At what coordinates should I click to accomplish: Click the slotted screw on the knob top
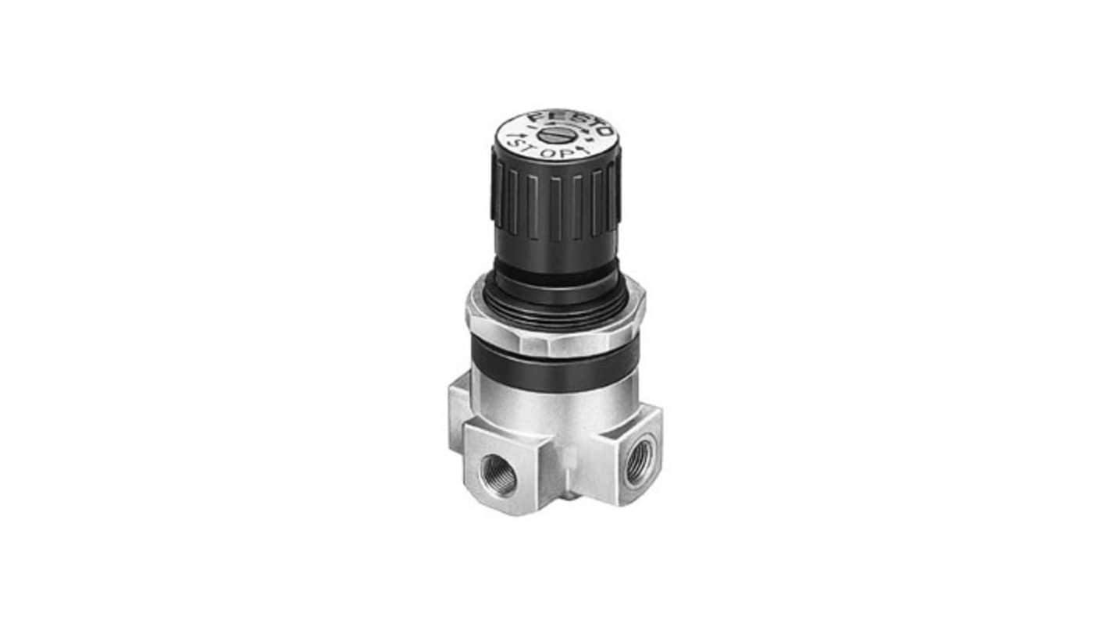(x=550, y=134)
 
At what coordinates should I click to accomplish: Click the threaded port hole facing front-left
(x=498, y=475)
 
